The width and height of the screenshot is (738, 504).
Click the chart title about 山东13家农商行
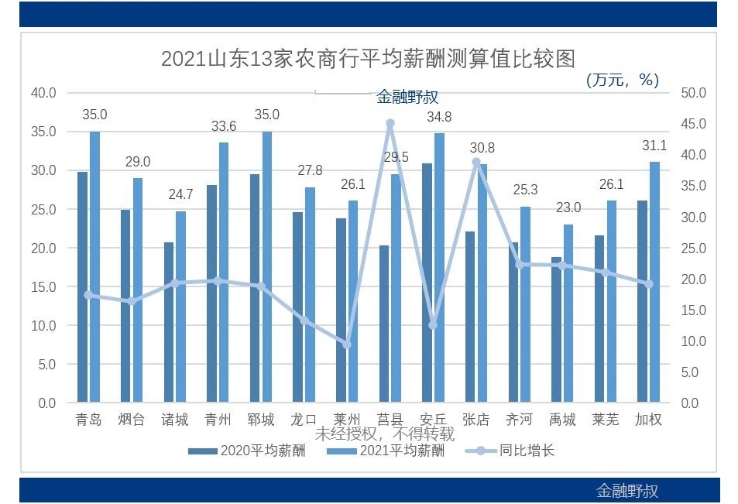tap(368, 59)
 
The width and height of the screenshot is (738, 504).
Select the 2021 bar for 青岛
tap(94, 267)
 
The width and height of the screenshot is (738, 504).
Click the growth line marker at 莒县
tap(390, 123)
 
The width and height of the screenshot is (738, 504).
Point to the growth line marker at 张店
tap(476, 162)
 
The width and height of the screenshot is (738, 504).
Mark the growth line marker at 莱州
tap(347, 345)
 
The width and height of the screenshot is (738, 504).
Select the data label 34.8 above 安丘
tap(439, 117)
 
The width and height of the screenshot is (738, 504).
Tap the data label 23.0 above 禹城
tap(568, 208)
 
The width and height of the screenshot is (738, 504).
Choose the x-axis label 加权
tap(649, 420)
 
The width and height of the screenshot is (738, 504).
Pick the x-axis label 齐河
tap(519, 420)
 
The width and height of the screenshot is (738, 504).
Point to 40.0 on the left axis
tap(43, 93)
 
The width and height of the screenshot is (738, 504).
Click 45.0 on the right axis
tap(694, 124)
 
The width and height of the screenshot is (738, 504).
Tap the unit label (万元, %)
tap(622, 79)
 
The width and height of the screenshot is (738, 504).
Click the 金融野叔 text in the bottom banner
tap(627, 491)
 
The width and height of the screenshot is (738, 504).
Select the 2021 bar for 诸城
tap(180, 307)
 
